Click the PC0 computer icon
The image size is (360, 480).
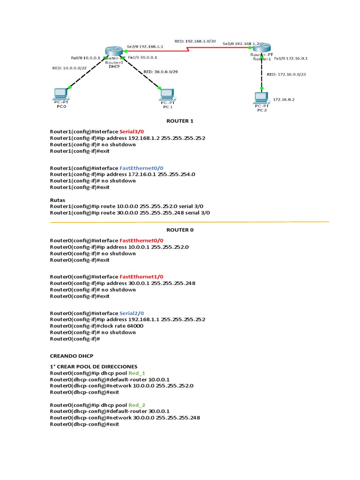(60, 94)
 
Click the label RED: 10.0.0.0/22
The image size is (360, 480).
(69, 68)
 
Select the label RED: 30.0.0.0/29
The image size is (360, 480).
(160, 72)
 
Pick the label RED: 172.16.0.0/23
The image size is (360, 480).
(285, 74)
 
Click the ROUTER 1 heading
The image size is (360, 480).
(180, 121)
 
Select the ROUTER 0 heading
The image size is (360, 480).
(180, 230)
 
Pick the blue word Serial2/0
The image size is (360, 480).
(132, 313)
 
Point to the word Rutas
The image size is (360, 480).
(57, 200)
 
